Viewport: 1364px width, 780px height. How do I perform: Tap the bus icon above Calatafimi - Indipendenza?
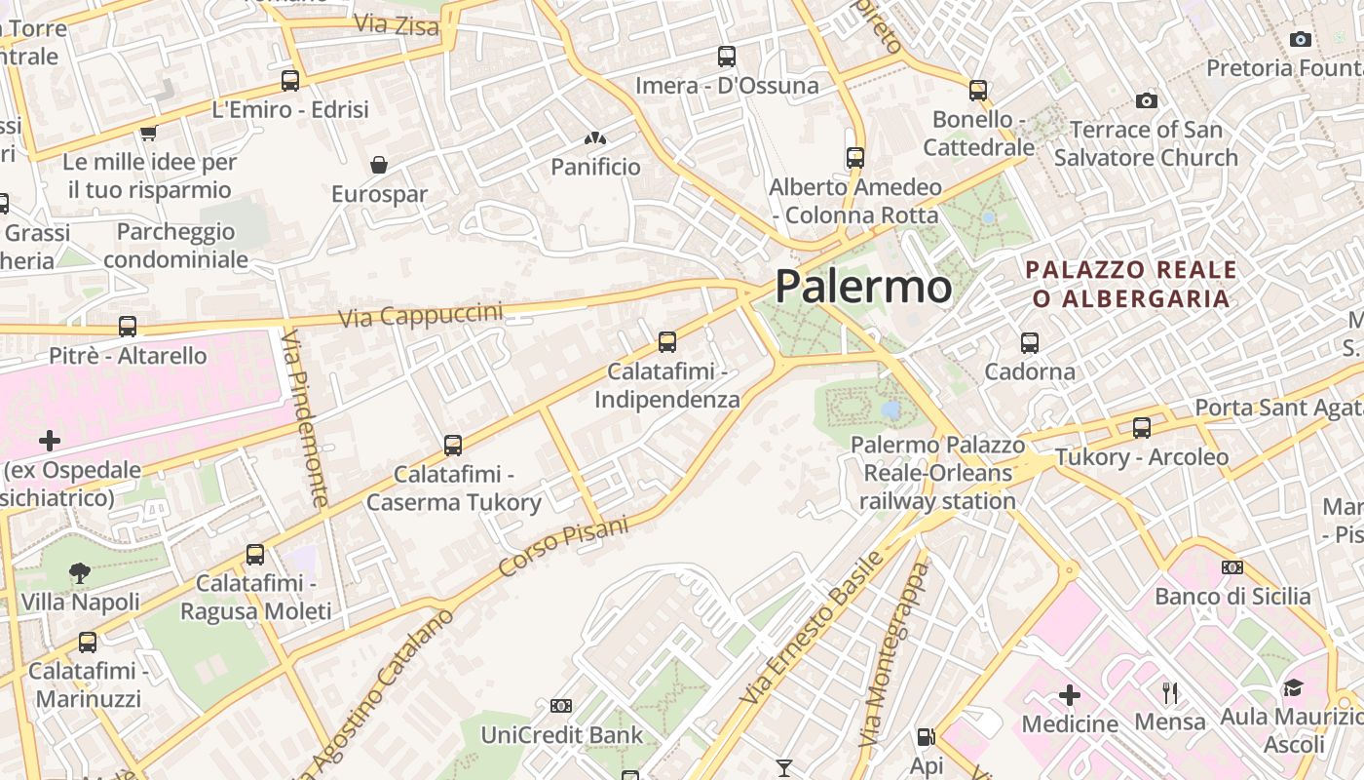click(667, 342)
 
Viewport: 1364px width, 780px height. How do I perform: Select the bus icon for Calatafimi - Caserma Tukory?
click(453, 446)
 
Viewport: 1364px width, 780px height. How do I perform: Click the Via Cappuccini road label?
click(421, 315)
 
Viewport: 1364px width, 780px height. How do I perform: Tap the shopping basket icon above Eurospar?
click(379, 165)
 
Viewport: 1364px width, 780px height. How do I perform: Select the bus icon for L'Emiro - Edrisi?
click(290, 81)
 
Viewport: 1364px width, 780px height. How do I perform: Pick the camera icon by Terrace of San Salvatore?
click(1147, 101)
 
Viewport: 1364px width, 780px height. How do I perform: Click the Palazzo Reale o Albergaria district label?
click(1131, 284)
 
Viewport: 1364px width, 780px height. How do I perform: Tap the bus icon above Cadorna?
click(1030, 343)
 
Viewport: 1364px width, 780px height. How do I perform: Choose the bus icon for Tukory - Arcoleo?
click(1142, 428)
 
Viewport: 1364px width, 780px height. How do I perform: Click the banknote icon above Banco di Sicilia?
click(1232, 567)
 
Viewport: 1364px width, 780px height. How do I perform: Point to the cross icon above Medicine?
click(1070, 695)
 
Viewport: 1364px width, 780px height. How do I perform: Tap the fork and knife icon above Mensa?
click(1170, 693)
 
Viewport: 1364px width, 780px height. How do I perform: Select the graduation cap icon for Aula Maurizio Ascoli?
click(1293, 688)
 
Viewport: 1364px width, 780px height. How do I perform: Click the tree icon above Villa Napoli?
click(80, 573)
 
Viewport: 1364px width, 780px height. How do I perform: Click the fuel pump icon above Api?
click(926, 737)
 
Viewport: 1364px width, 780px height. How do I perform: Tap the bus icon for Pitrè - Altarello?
click(128, 327)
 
